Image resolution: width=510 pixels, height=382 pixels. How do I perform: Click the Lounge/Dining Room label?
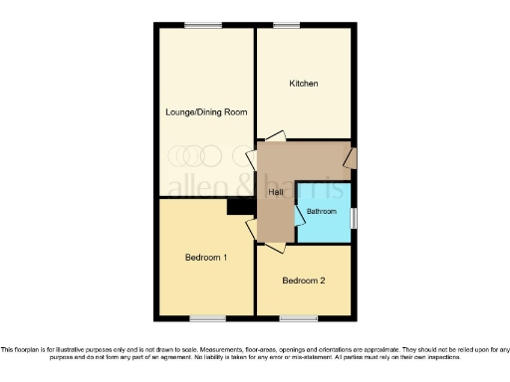pos(205,112)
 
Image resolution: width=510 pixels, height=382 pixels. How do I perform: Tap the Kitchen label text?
pos(304,84)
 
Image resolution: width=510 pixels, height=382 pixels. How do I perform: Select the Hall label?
pos(274,192)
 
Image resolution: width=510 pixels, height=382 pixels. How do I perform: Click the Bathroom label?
pos(322,212)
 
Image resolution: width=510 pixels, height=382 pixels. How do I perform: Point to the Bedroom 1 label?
pos(206,258)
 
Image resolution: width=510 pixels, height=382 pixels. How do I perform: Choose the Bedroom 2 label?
pos(304,281)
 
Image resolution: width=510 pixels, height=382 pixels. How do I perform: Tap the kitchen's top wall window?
pos(288,25)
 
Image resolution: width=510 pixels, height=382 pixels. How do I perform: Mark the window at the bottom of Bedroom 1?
pos(206,318)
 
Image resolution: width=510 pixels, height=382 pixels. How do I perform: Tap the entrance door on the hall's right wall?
pos(352,158)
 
